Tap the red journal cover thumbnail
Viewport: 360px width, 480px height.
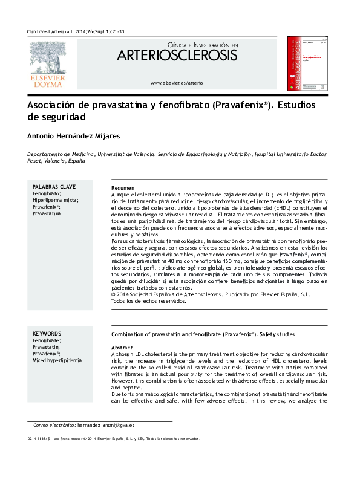coord(307,63)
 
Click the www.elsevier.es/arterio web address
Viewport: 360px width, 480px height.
coord(177,82)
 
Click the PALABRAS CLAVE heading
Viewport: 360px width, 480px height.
coord(54,187)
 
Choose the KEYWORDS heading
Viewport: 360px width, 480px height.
coord(47,334)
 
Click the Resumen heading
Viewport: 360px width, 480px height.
coord(123,189)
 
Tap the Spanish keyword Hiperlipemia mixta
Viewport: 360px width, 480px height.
coord(55,200)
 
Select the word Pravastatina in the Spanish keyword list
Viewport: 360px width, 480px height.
coord(47,213)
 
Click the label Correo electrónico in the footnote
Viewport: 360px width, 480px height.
coord(54,426)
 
